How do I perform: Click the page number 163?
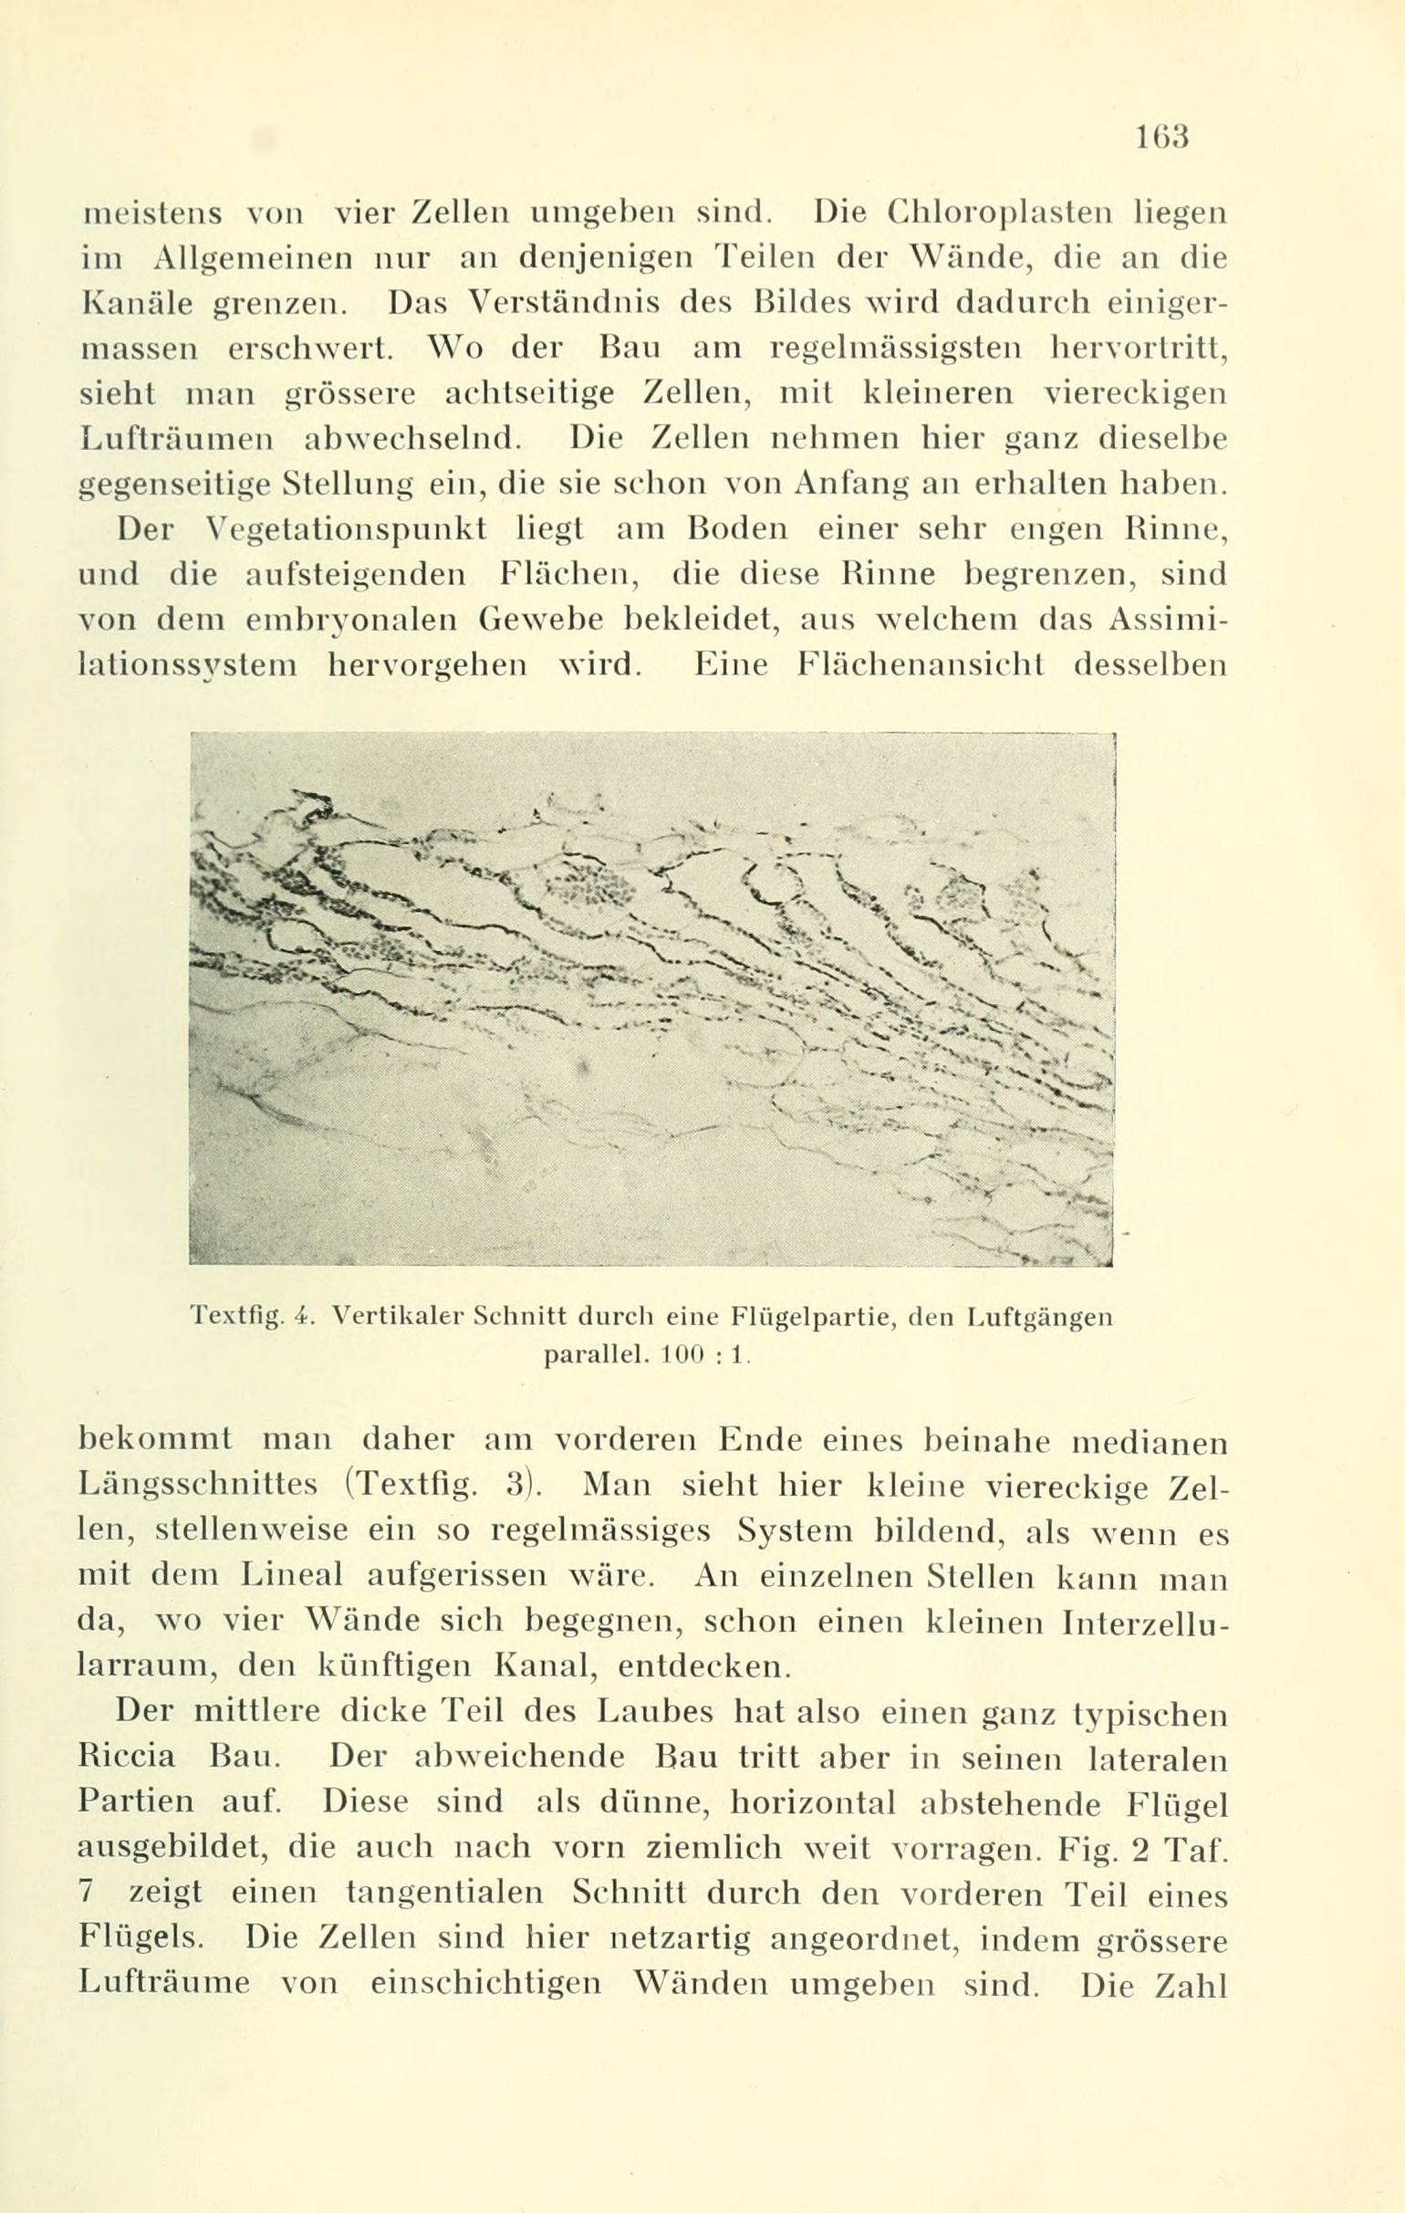pyautogui.click(x=1162, y=137)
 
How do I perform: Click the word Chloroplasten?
pyautogui.click(x=1009, y=214)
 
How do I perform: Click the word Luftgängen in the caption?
pyautogui.click(x=1039, y=1316)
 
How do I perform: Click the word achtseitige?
pyautogui.click(x=529, y=394)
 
